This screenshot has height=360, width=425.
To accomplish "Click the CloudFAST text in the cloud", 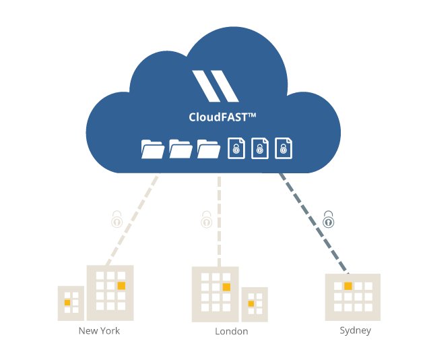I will (x=222, y=117).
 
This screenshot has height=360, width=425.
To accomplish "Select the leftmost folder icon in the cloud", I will (x=153, y=149).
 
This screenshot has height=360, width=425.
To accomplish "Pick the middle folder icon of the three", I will (x=181, y=149).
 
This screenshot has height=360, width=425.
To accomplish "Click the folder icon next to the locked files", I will (x=208, y=149).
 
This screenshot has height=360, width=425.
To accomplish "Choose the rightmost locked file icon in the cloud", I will (x=285, y=148).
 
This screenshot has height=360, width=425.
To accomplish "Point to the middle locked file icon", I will (x=260, y=148).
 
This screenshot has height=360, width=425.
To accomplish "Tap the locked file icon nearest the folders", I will (x=236, y=148).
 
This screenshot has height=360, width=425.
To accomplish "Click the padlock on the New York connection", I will (x=117, y=219).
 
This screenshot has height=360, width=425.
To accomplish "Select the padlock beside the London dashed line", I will (x=207, y=219).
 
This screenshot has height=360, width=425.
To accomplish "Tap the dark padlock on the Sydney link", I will (x=329, y=219).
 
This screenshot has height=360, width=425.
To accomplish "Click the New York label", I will (x=99, y=331).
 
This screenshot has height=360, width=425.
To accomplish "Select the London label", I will (x=231, y=332).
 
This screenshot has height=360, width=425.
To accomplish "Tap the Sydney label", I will (x=355, y=331).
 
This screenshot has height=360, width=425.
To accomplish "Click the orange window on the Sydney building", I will (x=348, y=287).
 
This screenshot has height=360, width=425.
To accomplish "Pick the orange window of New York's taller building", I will (x=121, y=286).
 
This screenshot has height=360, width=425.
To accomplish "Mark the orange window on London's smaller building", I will (x=251, y=304).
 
